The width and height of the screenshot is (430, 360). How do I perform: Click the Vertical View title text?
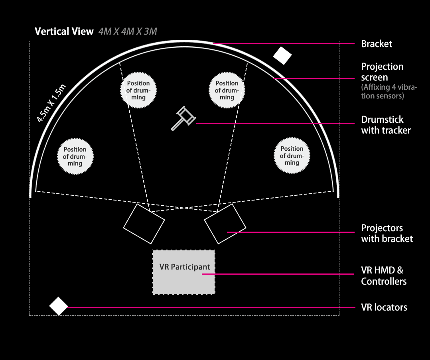64,31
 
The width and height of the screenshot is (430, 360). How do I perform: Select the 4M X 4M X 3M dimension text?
128,31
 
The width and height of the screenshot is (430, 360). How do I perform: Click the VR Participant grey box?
183,272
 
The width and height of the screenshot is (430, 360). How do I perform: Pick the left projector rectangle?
144,224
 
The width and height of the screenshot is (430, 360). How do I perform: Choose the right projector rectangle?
225,224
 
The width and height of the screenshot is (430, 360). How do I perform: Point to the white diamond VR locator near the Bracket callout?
282,55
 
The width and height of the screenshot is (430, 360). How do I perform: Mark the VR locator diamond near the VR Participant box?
59,306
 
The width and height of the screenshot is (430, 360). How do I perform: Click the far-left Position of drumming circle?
75,156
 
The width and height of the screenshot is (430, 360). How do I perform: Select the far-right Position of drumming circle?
292,156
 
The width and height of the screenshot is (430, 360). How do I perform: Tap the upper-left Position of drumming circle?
138,90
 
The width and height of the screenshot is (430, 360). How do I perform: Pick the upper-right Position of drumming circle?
227,90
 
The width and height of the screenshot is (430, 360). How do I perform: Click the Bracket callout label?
377,44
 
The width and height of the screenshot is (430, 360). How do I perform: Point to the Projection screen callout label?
382,72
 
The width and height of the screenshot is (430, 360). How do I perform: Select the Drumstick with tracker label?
385,125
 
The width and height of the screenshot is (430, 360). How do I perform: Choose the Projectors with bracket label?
387,233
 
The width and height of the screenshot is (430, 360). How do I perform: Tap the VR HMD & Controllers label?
383,275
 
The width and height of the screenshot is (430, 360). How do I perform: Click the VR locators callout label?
384,307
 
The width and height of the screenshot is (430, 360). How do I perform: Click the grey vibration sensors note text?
389,91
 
